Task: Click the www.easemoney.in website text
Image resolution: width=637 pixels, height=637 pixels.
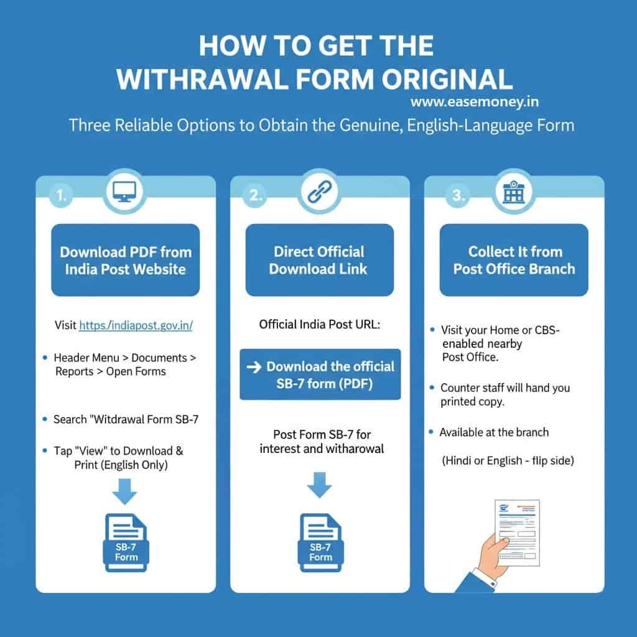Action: [x=475, y=101]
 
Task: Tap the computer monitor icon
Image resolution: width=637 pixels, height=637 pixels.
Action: [x=124, y=192]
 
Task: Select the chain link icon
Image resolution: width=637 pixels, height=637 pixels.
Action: [x=319, y=192]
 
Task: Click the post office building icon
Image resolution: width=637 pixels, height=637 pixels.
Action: [x=514, y=192]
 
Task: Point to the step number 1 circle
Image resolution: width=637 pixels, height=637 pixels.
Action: [x=61, y=195]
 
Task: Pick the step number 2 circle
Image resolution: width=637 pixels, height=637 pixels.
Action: [x=255, y=195]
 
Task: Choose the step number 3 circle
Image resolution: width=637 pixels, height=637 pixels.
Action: [x=458, y=195]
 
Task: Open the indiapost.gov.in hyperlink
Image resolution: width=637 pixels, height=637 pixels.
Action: [x=136, y=325]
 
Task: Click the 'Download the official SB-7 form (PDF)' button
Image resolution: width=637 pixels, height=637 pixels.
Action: [x=320, y=374]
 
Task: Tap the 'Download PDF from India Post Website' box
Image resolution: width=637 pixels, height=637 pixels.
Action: [x=126, y=260]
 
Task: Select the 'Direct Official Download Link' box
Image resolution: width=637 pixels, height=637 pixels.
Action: [x=320, y=260]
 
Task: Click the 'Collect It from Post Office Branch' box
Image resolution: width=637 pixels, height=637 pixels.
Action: [x=514, y=260]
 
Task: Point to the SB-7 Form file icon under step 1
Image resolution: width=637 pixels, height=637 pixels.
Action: [x=126, y=542]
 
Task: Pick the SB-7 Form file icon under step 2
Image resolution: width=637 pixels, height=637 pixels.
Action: [x=320, y=542]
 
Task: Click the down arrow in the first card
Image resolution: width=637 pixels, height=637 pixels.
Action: [x=124, y=491]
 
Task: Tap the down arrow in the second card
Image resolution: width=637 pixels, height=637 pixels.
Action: [x=319, y=485]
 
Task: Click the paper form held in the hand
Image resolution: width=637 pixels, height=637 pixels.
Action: [x=518, y=532]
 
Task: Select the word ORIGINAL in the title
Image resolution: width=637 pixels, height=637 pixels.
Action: [x=447, y=79]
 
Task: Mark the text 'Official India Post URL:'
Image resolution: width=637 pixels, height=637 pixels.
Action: [x=320, y=325]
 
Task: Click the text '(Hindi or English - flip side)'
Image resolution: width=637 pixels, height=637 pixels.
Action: [x=508, y=461]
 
